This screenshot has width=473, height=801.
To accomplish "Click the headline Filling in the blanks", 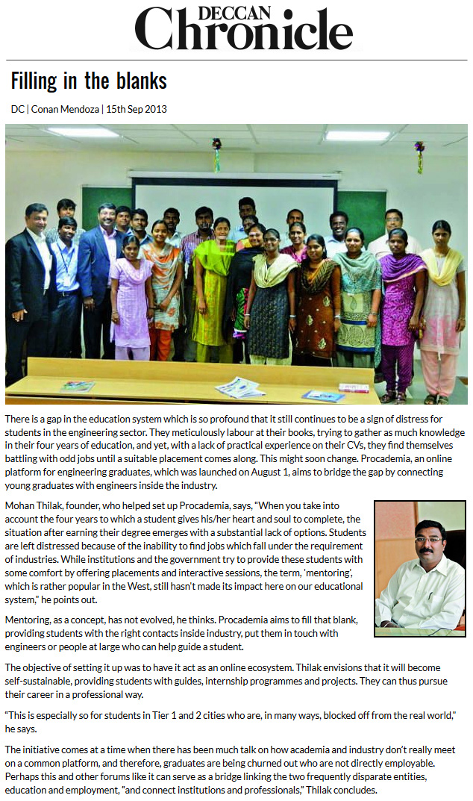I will [x=89, y=81].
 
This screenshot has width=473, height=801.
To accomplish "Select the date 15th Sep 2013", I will [x=137, y=109].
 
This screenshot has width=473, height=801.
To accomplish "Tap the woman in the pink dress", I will [x=131, y=299].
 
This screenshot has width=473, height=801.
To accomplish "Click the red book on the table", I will [x=353, y=387].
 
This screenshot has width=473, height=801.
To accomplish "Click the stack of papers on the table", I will [x=239, y=387].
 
